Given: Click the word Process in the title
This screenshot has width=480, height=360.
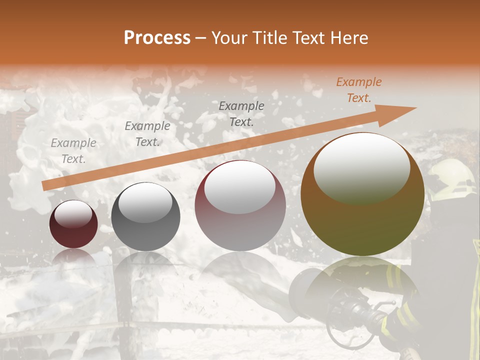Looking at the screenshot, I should (x=157, y=38).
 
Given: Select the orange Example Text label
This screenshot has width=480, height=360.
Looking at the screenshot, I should (x=358, y=90).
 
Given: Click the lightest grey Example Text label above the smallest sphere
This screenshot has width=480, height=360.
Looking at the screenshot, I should (x=73, y=151).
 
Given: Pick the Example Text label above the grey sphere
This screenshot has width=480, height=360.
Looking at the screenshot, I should (x=147, y=134).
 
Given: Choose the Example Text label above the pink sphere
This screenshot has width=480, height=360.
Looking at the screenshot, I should (x=241, y=113).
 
